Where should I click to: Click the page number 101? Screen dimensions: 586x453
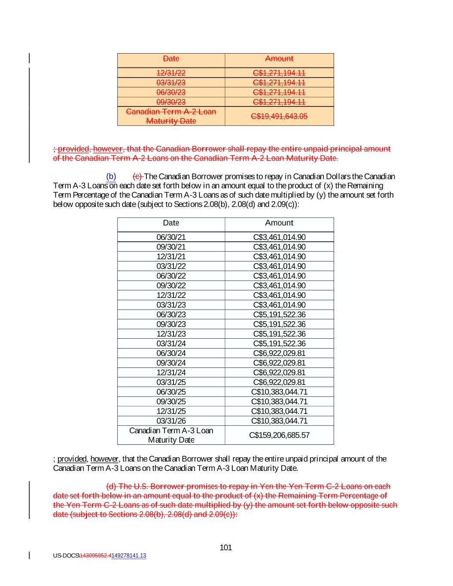click(x=225, y=547)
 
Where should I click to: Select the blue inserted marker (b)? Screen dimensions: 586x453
click(x=111, y=176)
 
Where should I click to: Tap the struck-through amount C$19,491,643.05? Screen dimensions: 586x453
click(x=279, y=116)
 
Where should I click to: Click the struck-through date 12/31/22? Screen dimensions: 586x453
click(x=171, y=73)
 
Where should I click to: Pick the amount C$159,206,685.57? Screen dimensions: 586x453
click(x=279, y=435)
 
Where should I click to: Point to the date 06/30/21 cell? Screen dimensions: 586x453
click(x=171, y=237)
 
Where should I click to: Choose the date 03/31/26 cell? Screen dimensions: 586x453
click(x=171, y=421)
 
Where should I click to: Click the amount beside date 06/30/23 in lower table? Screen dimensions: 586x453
click(x=279, y=315)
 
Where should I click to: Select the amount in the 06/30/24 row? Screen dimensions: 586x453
click(x=279, y=353)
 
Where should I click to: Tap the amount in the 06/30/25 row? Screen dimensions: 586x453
click(x=279, y=392)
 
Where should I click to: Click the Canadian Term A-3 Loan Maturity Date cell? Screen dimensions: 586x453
click(x=171, y=435)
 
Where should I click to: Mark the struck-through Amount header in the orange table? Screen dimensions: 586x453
click(x=279, y=59)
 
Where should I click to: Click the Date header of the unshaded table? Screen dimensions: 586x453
click(x=171, y=223)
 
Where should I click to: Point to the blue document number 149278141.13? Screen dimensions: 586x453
click(x=128, y=556)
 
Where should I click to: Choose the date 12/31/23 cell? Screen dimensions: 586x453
click(x=171, y=334)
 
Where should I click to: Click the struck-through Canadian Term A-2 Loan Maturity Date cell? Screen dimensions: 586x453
click(x=171, y=116)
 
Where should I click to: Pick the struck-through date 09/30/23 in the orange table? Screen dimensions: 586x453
click(x=171, y=102)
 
